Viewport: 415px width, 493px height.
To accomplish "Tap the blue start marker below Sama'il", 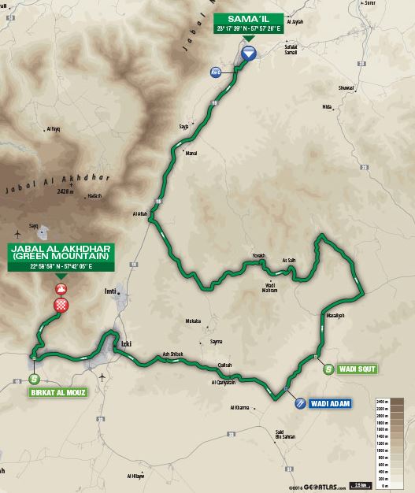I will click(x=248, y=54).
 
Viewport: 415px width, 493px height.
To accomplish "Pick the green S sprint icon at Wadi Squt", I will click(x=328, y=368).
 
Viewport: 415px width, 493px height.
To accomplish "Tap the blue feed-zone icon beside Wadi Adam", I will click(x=300, y=402).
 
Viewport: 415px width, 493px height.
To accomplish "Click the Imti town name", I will click(x=110, y=291).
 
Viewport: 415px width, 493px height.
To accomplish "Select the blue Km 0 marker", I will click(x=215, y=73).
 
